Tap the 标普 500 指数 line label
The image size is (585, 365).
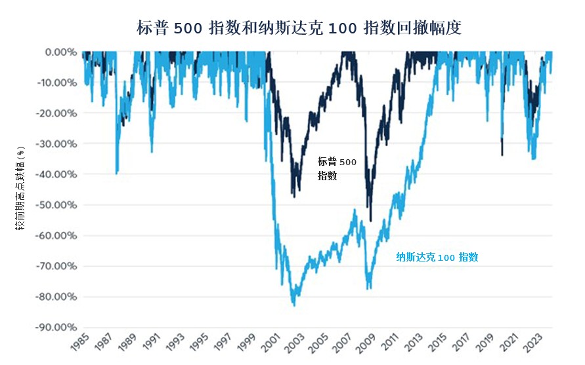337,168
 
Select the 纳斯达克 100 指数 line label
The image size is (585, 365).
437,258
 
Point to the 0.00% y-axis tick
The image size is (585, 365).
61,52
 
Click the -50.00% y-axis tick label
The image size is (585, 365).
58,205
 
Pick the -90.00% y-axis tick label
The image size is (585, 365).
58,328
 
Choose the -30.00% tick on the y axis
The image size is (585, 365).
58,144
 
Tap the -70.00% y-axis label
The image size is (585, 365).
58,266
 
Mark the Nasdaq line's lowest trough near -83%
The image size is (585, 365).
293,305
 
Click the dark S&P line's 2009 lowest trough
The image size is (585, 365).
371,221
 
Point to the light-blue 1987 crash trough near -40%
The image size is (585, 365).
117,173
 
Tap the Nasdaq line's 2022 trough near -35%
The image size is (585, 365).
534,159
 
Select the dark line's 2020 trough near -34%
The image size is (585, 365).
502,155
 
